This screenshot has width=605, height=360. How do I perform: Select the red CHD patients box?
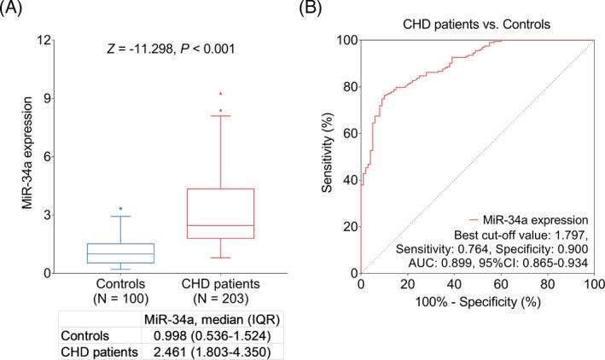(x=221, y=213)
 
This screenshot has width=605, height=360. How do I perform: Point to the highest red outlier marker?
(x=221, y=93)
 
